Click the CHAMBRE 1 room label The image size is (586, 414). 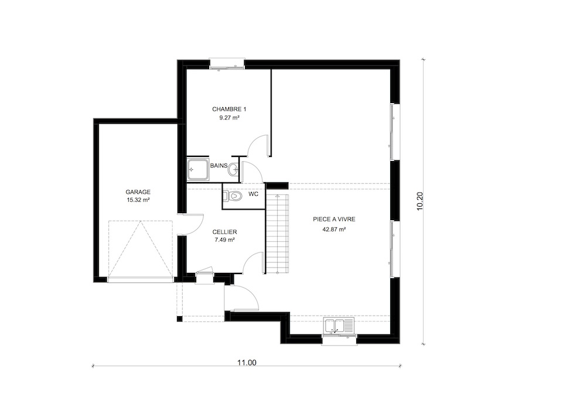pyautogui.click(x=229, y=110)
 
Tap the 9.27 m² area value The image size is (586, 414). pyautogui.click(x=229, y=118)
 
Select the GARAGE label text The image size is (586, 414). pyautogui.click(x=138, y=192)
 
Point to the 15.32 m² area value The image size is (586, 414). pyautogui.click(x=138, y=200)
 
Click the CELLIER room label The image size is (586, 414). pyautogui.click(x=224, y=232)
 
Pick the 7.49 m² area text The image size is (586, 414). pyautogui.click(x=224, y=240)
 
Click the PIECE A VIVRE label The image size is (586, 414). pyautogui.click(x=334, y=220)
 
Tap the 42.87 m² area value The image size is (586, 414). pyautogui.click(x=334, y=230)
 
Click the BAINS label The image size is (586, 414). pyautogui.click(x=219, y=165)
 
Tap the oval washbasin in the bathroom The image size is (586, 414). pyautogui.click(x=234, y=169)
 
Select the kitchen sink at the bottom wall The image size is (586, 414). pyautogui.click(x=339, y=326)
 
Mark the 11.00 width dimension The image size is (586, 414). pyautogui.click(x=247, y=362)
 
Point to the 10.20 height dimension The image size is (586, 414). pyautogui.click(x=420, y=201)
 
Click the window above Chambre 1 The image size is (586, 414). pyautogui.click(x=227, y=64)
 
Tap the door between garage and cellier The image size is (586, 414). pyautogui.click(x=190, y=224)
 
